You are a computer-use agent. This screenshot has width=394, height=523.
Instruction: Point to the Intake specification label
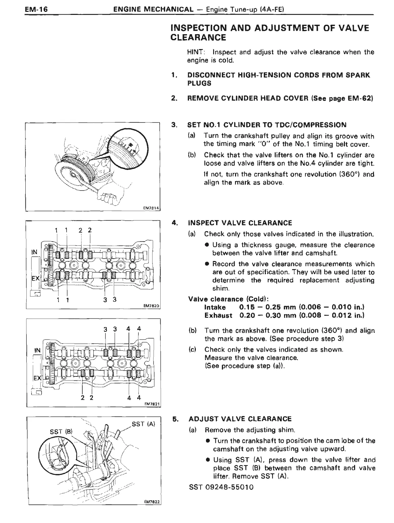click(x=215, y=307)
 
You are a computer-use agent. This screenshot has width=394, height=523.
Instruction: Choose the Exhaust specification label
click(x=218, y=315)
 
